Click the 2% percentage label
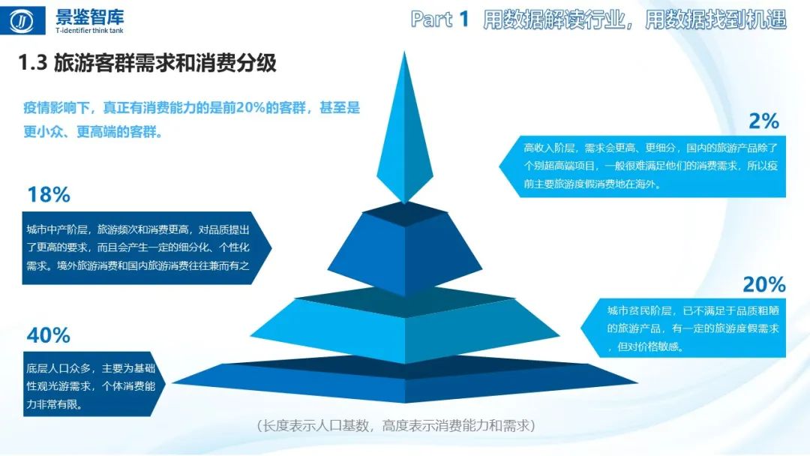(x=764, y=121)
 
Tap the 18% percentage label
(x=48, y=195)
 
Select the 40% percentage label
(x=48, y=334)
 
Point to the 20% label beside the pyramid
(x=763, y=284)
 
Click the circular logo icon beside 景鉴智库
(x=26, y=21)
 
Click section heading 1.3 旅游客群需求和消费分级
(x=148, y=64)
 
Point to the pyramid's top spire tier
(x=404, y=135)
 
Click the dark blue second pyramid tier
(x=405, y=247)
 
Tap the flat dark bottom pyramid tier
(x=405, y=379)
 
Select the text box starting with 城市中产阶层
(x=142, y=247)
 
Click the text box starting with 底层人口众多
(x=90, y=385)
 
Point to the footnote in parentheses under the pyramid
(x=394, y=426)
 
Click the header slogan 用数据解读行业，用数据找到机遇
(x=634, y=19)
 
